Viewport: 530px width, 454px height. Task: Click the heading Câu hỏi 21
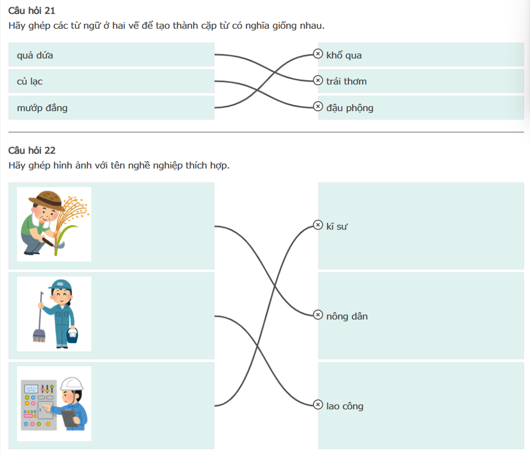[32, 11]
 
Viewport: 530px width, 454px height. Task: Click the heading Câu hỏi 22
[32, 150]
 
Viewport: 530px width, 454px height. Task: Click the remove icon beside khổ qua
[318, 54]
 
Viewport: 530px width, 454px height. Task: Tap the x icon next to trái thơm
[318, 80]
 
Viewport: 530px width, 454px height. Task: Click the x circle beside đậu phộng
[318, 106]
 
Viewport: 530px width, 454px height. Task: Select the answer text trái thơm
[346, 81]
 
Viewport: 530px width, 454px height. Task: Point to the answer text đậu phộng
[349, 108]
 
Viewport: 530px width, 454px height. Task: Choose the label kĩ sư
[337, 226]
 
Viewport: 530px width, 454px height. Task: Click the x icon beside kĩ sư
[318, 225]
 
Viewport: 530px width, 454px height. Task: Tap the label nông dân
[347, 316]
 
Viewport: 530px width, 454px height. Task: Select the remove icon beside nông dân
[318, 315]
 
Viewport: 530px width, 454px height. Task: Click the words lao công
[345, 406]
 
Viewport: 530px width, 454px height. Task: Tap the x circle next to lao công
[318, 405]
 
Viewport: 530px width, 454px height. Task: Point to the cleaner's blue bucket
[73, 335]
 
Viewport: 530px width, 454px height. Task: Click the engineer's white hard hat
[71, 383]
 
